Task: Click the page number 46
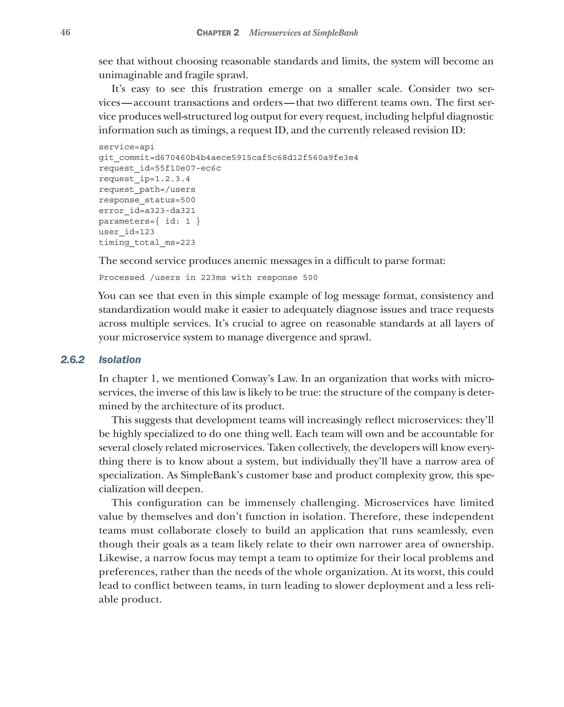coord(65,32)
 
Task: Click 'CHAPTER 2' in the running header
coord(218,33)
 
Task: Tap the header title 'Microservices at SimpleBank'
coord(303,33)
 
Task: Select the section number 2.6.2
coord(72,360)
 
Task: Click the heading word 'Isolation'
coord(120,360)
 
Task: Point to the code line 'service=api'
coord(126,147)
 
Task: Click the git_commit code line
coord(228,158)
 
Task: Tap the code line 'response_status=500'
coord(147,200)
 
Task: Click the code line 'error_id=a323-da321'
coord(147,211)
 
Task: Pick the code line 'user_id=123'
coord(126,232)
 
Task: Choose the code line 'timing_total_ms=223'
coord(147,243)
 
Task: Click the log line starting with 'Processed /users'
coord(208,278)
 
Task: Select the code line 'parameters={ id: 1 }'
coord(149,221)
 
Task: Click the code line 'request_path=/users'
coord(147,190)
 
